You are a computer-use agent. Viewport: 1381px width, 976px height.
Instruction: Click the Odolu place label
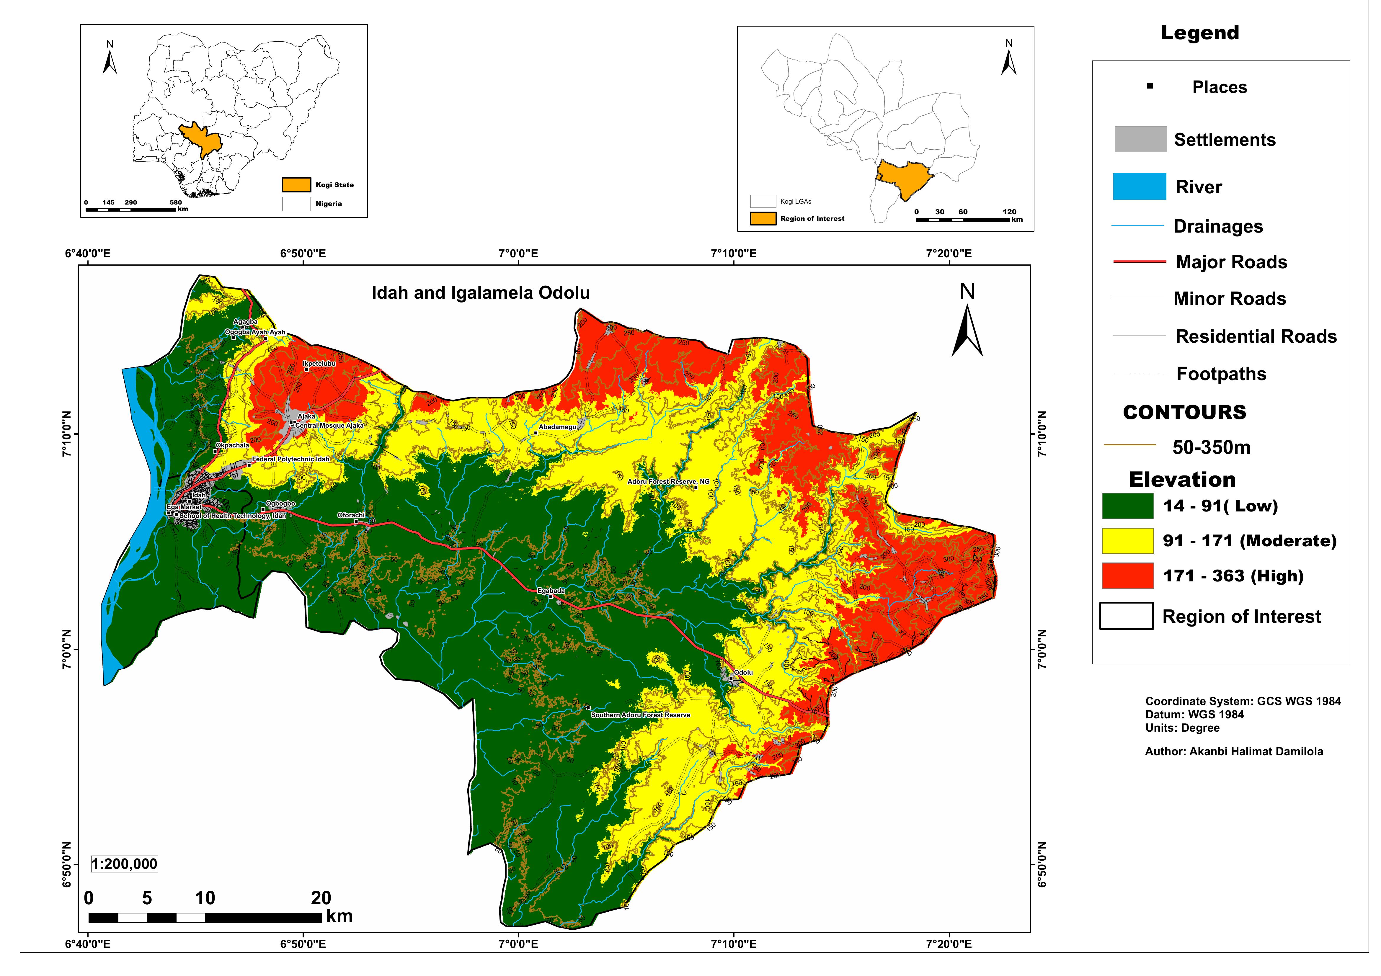(x=743, y=672)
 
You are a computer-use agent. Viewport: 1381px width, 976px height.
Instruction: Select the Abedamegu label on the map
(x=558, y=427)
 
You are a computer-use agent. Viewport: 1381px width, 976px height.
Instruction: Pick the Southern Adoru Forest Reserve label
(x=641, y=715)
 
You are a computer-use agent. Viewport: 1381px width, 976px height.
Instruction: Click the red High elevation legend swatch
(x=1128, y=576)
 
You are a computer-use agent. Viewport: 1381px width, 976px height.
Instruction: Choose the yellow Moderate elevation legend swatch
(x=1128, y=541)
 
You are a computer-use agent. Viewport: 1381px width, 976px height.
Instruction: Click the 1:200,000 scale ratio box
(x=125, y=864)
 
